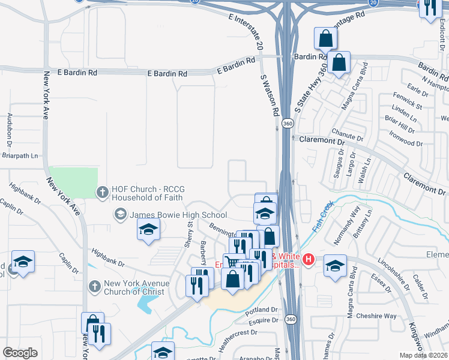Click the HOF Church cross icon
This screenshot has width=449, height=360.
click(103, 192)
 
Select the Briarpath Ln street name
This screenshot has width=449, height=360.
click(19, 156)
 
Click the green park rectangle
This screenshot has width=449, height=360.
click(73, 182)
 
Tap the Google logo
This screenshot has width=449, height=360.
click(20, 353)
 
